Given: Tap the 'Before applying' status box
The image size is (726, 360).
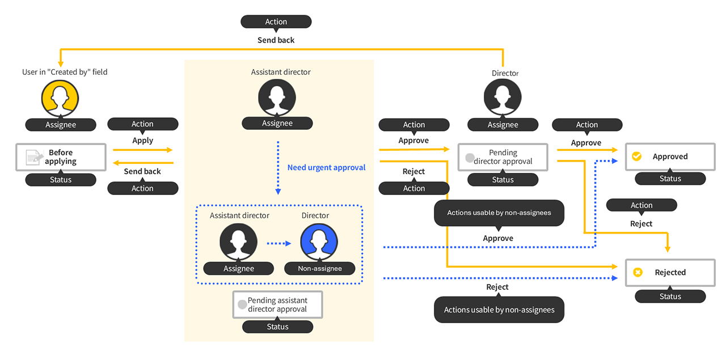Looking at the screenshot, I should [x=61, y=157].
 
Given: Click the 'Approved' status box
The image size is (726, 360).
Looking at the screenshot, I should [x=670, y=156].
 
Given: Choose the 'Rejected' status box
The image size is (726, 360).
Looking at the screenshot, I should [x=670, y=272].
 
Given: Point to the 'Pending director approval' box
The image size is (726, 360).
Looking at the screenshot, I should [x=503, y=157].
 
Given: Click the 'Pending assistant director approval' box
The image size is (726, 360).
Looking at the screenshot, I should [x=277, y=304].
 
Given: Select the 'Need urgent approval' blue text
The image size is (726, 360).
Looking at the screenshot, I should [x=326, y=167].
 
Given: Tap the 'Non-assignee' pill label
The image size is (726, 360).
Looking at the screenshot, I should [x=320, y=269].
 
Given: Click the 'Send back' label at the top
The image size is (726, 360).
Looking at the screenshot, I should [x=276, y=40].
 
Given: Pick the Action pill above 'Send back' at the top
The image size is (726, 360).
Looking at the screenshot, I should [x=276, y=22].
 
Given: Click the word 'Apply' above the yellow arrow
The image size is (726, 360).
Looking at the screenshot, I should [x=142, y=140].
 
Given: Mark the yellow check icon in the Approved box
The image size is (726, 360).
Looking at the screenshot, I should [x=636, y=156].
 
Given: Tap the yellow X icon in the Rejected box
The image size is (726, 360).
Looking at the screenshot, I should [x=637, y=273].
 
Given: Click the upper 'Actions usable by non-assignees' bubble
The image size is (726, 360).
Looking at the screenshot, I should [x=498, y=213].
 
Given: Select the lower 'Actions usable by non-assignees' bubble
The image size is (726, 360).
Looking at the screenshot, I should [x=499, y=310].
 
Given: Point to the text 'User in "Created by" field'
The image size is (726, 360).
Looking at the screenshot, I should [x=65, y=72].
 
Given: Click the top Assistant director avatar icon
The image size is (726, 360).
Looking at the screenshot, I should [x=277, y=98].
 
